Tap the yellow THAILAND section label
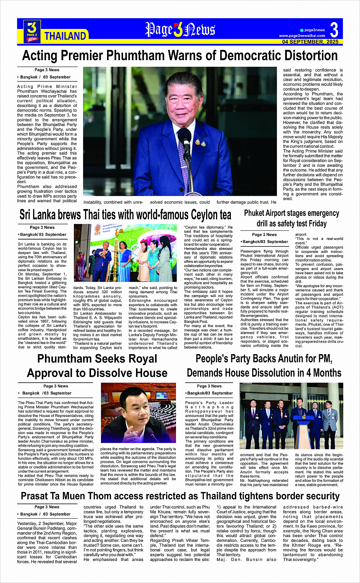[x=65, y=36]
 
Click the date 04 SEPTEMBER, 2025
[x=310, y=42]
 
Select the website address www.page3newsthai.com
[x=302, y=36]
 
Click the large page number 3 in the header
[x=334, y=30]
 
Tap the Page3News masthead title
[x=180, y=30]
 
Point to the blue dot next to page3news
[x=302, y=30]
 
